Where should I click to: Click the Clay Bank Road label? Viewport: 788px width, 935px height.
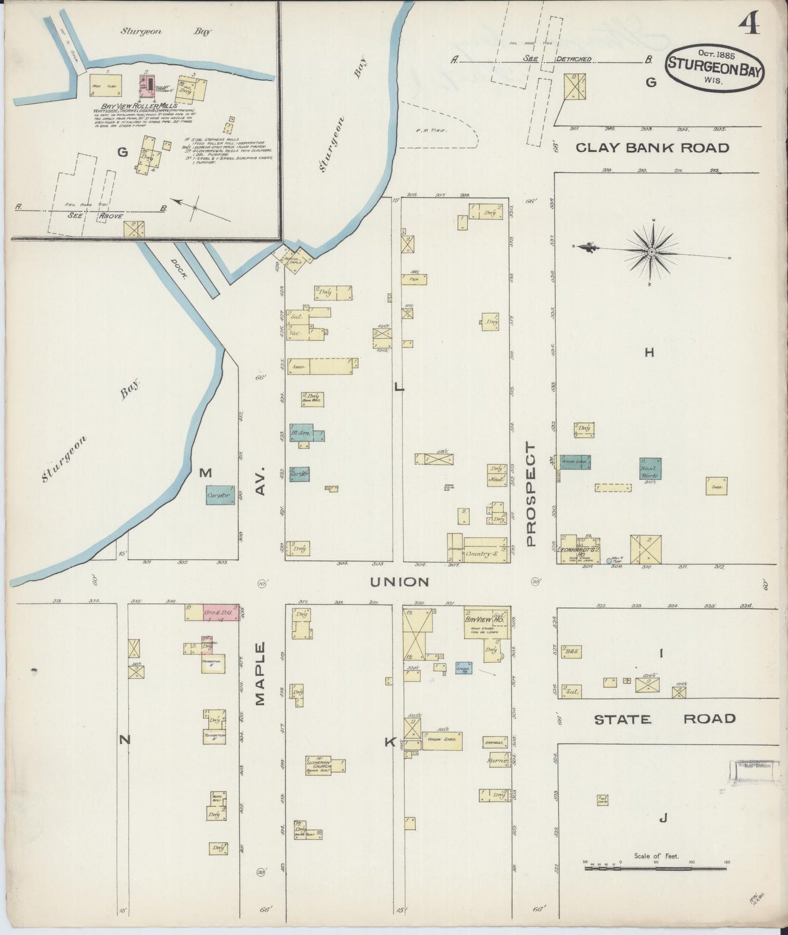(x=652, y=148)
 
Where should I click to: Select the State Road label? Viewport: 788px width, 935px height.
(x=664, y=720)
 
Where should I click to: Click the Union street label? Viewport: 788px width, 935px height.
(x=399, y=582)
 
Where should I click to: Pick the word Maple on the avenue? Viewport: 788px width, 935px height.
(x=260, y=674)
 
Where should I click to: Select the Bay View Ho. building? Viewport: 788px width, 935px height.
(x=486, y=622)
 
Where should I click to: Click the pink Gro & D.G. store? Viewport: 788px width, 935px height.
(x=221, y=612)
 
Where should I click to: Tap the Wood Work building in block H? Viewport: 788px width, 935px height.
(x=650, y=469)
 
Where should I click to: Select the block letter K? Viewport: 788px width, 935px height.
(x=390, y=742)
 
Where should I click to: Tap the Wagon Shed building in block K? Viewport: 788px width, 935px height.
(x=442, y=740)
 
